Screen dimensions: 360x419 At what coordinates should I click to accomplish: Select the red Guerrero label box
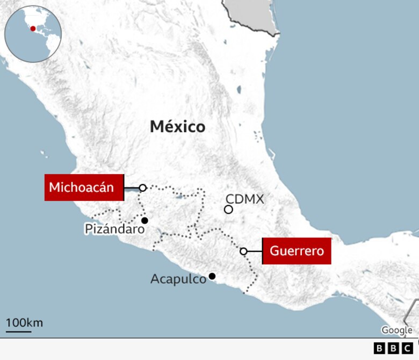(x=297, y=251)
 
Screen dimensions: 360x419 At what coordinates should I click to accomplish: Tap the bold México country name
(x=177, y=127)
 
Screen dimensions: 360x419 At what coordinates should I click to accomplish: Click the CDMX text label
(x=245, y=199)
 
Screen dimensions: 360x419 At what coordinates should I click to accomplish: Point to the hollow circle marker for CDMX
(x=228, y=210)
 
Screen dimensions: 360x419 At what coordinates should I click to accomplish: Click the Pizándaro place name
(x=114, y=229)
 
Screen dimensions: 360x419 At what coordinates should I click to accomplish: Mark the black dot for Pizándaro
(x=144, y=220)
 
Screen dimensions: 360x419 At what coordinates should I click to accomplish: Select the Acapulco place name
(x=178, y=279)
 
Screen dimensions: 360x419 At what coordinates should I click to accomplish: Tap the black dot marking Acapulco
(x=212, y=276)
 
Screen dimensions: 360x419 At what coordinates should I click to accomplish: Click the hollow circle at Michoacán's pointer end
(x=143, y=188)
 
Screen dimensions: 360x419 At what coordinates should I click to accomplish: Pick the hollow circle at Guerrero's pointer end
(x=243, y=251)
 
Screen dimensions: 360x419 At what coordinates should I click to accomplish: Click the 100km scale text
(x=24, y=323)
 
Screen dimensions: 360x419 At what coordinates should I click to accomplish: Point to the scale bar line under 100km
(x=19, y=331)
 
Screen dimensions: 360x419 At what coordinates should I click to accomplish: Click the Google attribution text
(x=396, y=330)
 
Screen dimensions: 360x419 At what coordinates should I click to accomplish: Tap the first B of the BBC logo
(x=379, y=349)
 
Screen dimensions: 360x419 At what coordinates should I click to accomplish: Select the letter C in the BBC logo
(x=408, y=349)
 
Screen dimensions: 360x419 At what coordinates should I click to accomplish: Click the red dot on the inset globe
(x=33, y=28)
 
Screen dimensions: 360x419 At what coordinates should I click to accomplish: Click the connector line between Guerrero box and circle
(x=254, y=251)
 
